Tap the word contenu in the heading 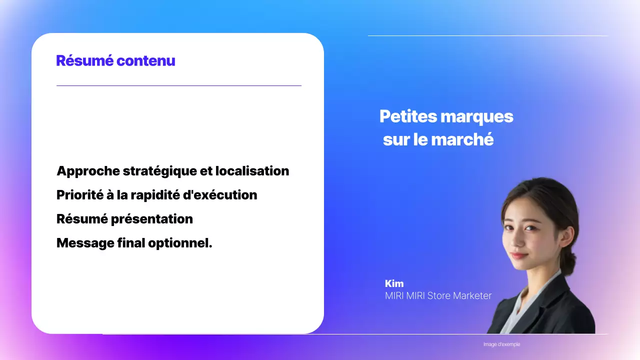click(145, 61)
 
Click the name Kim click(394, 283)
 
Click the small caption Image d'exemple click(501, 344)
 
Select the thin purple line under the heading click(178, 86)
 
